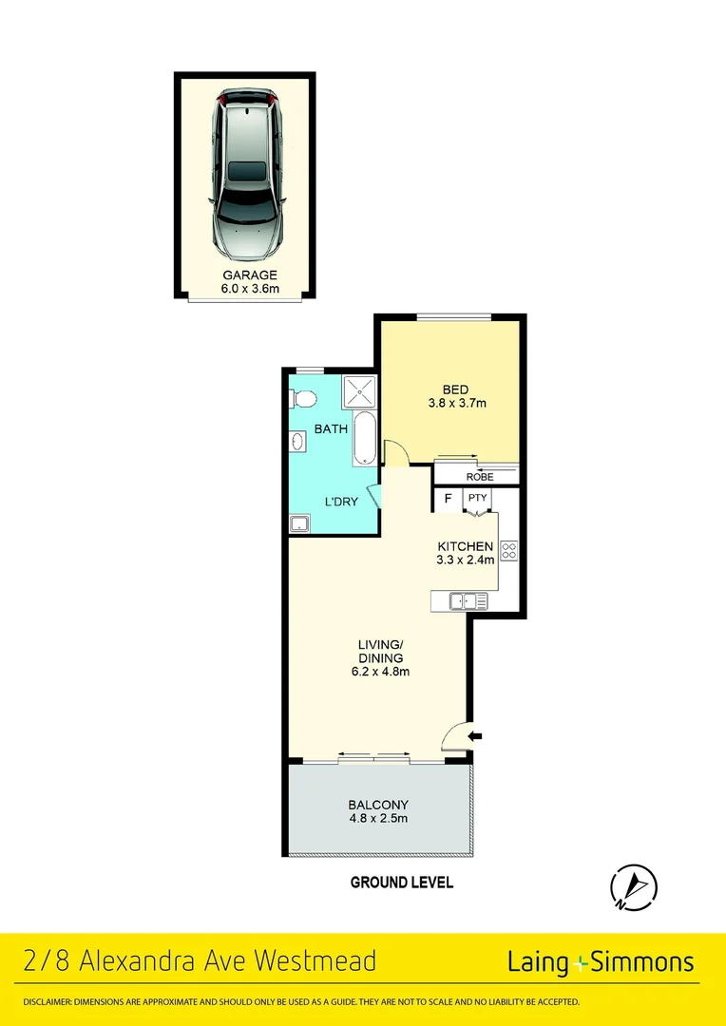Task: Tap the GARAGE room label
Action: pos(245,275)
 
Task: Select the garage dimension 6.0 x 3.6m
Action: pos(245,289)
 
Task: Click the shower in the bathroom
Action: pos(359,391)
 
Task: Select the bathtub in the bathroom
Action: pos(364,439)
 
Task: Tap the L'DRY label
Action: pos(341,502)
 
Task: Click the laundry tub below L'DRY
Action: pos(300,522)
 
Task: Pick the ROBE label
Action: pos(479,477)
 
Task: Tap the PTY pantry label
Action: pos(476,498)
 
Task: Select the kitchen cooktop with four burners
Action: pos(508,550)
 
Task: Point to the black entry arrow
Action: pos(476,735)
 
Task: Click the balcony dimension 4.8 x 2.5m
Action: pos(378,818)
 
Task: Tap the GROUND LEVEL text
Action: pos(402,883)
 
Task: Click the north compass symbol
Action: pos(634,886)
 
